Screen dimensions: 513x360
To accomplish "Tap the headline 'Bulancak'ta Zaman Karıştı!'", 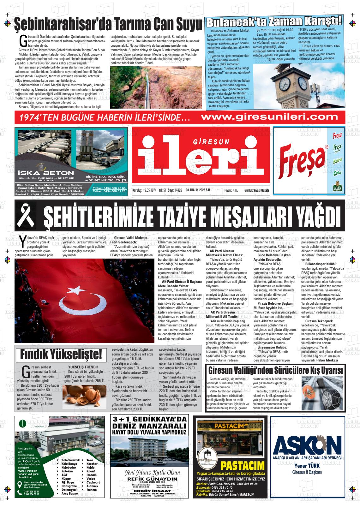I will tap(274, 22).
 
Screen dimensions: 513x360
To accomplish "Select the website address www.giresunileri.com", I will tap(269, 117).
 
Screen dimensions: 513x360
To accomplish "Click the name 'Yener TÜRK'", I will tap(307, 466).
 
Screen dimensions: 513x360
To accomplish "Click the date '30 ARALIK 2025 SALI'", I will tap(199, 190).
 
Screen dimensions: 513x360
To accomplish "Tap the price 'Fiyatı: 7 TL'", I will tap(231, 190).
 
